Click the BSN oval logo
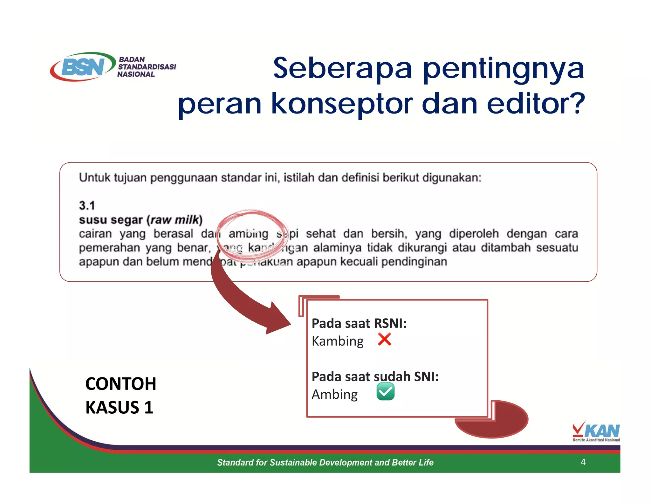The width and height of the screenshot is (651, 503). pos(83,67)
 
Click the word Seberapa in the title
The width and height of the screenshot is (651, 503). pos(342,68)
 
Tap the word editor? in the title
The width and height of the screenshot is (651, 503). pos(535,103)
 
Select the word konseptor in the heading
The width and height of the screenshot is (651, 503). pos(342,103)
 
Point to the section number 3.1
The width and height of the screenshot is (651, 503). pos(87,205)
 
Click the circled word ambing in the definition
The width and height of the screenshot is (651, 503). pos(248,234)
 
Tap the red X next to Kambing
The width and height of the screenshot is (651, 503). pos(384,339)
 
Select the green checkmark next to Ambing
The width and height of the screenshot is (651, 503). pos(385,391)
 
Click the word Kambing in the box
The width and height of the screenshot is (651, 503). pos(337,341)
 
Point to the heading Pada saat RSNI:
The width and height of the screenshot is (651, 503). pos(359,323)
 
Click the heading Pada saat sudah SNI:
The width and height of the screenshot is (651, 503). pos(375,376)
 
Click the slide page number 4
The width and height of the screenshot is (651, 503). pos(583,462)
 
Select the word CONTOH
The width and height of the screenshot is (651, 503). pos(120,384)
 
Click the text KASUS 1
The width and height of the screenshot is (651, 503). pos(119,407)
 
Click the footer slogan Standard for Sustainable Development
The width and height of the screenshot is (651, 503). pos(325,462)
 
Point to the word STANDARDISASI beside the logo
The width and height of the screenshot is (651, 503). pos(147,67)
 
